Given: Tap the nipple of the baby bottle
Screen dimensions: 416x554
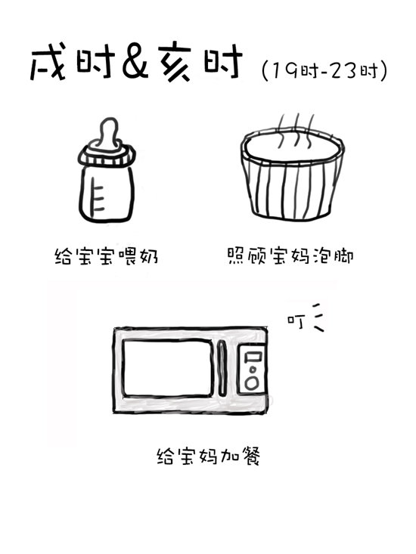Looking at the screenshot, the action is [108, 134].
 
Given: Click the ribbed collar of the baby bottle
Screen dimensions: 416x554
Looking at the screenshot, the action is [107, 156].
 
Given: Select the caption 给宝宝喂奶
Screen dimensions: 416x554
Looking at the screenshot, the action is [106, 255].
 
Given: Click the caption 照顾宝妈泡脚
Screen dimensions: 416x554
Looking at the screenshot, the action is [290, 255].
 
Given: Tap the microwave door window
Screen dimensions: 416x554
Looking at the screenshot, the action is [167, 368].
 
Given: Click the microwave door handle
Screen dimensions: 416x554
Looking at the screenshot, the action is [222, 368].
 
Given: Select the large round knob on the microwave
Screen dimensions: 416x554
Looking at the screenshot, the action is [252, 383].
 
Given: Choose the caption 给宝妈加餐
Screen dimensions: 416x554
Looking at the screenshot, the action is [209, 457].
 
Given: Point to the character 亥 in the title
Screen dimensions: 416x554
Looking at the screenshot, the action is [175, 63].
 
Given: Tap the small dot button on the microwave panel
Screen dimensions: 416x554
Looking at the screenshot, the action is [253, 370].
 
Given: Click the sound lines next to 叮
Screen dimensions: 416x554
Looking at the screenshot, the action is [318, 317].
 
